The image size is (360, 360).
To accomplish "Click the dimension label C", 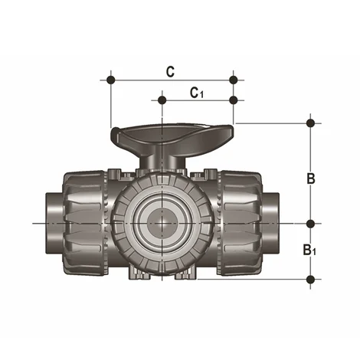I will click(170, 71).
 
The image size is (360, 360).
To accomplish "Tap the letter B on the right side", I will click(311, 178).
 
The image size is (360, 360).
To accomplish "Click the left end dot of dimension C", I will click(112, 80).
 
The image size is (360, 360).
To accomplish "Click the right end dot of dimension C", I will click(234, 80).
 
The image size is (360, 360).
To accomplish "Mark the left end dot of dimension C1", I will click(162, 99).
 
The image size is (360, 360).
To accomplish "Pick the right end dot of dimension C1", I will click(234, 99).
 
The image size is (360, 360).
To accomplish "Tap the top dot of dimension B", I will click(310, 123).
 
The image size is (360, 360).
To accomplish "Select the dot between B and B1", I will click(310, 223).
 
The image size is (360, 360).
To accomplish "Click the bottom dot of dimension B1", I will click(310, 278).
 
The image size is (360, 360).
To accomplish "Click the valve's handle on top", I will click(172, 139).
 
